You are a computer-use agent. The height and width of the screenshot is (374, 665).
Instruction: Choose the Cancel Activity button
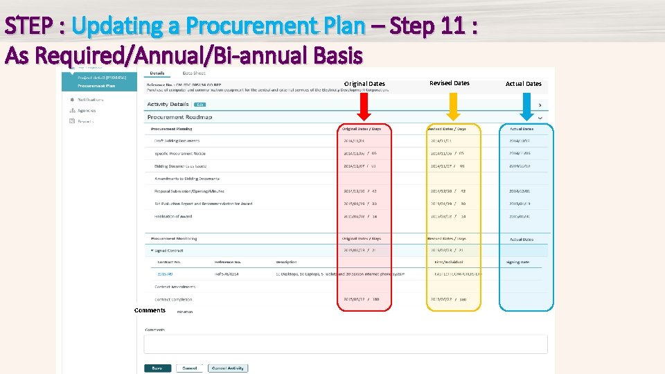coord(227,368)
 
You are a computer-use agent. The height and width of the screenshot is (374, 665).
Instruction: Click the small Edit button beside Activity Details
coord(199,105)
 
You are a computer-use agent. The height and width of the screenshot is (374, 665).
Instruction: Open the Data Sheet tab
coord(194,73)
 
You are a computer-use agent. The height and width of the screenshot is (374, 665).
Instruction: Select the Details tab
coord(157,73)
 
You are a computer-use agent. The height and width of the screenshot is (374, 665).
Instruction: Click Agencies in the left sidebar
coord(87,110)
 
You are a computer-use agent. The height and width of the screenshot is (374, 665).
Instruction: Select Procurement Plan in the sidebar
coord(96,86)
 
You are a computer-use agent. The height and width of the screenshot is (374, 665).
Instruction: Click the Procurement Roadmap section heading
coord(179,117)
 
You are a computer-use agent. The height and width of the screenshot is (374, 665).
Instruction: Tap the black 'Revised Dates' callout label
coord(449,83)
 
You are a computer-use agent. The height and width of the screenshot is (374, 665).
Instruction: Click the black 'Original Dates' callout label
coord(364,84)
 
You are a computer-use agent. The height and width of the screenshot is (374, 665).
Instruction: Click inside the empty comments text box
coord(345,344)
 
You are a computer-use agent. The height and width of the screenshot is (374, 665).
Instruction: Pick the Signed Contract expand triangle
coord(152,250)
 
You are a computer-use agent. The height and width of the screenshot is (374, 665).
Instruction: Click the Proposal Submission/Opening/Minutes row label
coord(189,191)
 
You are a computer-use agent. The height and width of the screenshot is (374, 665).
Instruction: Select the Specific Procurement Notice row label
coord(180,154)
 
